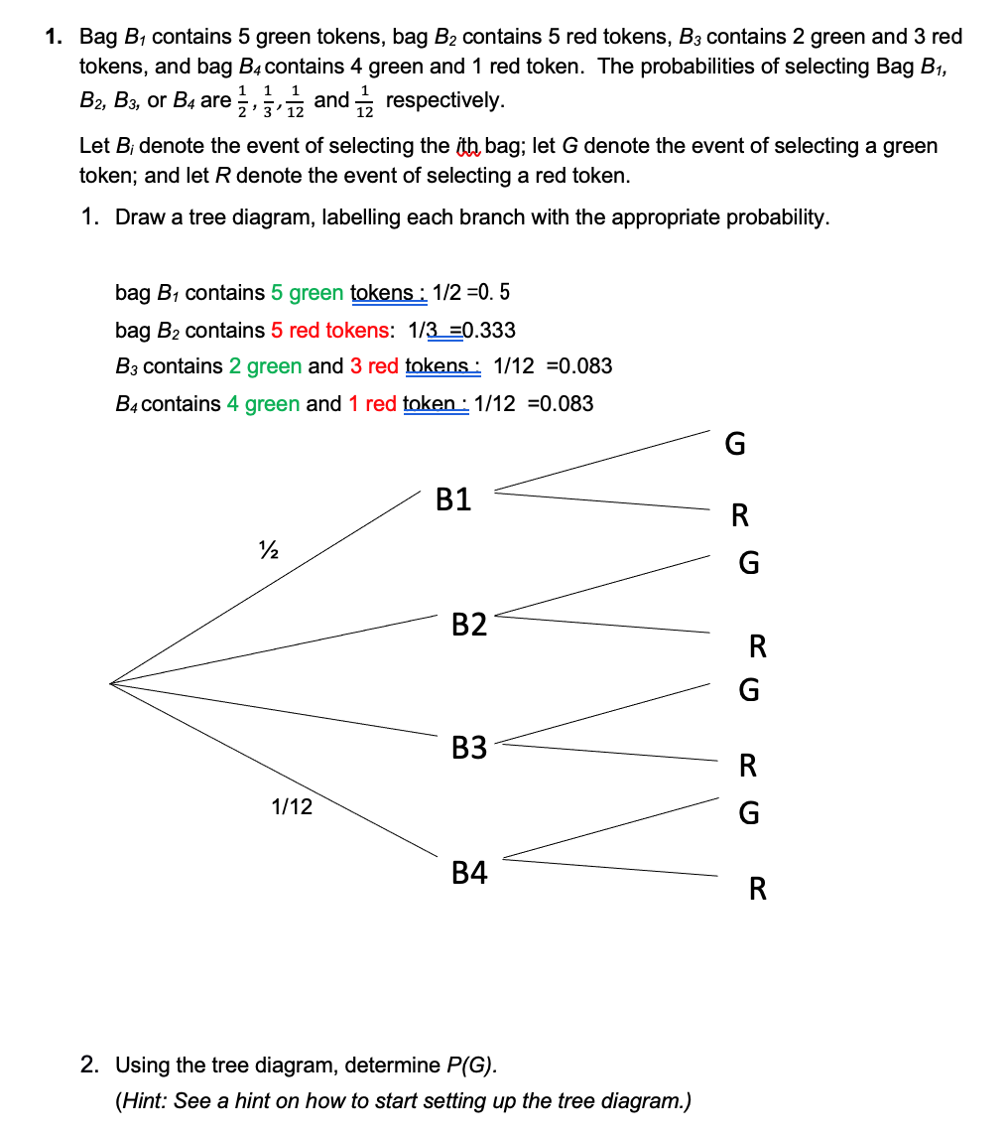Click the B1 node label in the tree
[453, 499]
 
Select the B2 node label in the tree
[469, 625]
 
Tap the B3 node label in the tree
[469, 748]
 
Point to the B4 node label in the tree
[469, 874]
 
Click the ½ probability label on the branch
[265, 548]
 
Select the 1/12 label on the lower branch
[292, 807]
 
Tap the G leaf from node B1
[734, 444]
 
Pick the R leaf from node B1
[739, 515]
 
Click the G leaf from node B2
[749, 564]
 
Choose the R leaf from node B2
[757, 647]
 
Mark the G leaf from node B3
[749, 690]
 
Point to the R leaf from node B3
[749, 766]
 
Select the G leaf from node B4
[749, 814]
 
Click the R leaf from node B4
[757, 889]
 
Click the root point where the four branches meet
[111, 683]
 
